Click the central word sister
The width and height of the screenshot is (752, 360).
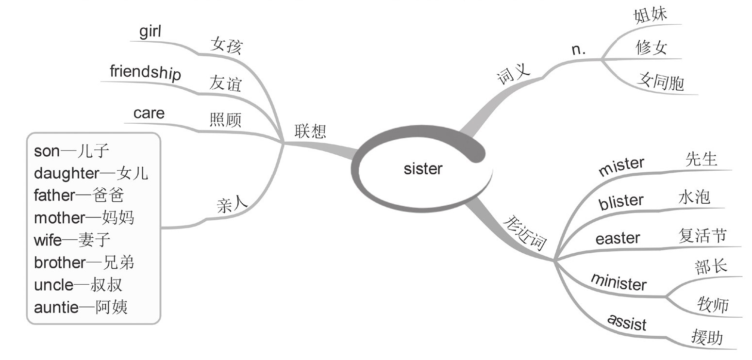click(423, 169)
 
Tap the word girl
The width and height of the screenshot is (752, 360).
click(150, 32)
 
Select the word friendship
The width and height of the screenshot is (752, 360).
click(145, 72)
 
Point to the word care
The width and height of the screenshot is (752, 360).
click(149, 113)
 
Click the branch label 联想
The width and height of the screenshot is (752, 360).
click(310, 131)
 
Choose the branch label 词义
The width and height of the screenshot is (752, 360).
click(513, 75)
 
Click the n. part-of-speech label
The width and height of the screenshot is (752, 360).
click(579, 49)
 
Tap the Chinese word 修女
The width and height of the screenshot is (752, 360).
click(651, 48)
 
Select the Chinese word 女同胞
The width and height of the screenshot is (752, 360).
click(661, 82)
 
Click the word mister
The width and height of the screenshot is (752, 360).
click(621, 166)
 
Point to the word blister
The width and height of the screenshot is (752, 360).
click(621, 202)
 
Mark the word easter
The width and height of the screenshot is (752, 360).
click(618, 238)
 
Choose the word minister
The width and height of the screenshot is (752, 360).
click(618, 281)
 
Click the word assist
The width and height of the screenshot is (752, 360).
click(627, 322)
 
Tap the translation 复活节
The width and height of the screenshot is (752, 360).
click(702, 235)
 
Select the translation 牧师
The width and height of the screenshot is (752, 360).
click(713, 304)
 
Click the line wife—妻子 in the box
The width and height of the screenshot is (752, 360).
click(72, 240)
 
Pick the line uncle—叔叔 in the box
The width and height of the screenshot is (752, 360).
click(78, 285)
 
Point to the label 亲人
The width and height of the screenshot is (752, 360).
click(232, 206)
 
